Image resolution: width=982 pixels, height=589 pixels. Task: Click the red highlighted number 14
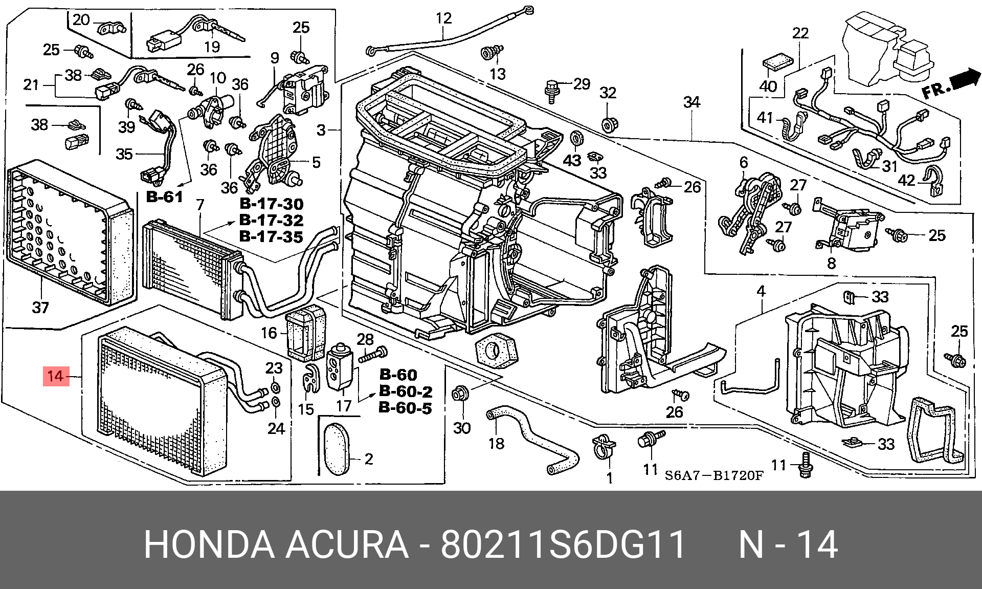[x=56, y=377]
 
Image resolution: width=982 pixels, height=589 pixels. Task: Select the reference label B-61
[x=164, y=197]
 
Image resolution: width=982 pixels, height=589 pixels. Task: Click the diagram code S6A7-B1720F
[x=714, y=476]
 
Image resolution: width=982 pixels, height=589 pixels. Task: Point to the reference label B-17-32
[x=271, y=221]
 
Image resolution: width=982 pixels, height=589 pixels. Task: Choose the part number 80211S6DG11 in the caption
[x=563, y=545]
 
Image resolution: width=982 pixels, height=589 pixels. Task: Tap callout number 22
[x=800, y=33]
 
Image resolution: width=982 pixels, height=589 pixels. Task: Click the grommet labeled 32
[x=608, y=124]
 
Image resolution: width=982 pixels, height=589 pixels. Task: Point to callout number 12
[x=443, y=18]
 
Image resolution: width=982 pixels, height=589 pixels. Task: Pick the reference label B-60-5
[x=405, y=408]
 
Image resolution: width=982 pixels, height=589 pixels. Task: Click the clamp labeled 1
[x=604, y=446]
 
